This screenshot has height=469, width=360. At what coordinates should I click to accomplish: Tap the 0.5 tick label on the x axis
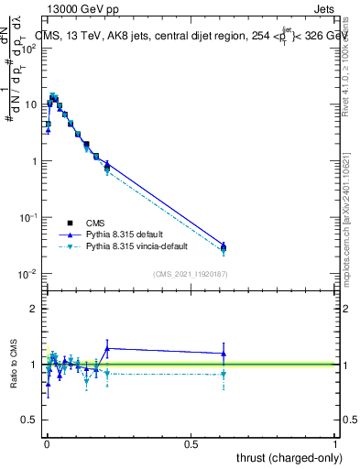coord(191,443)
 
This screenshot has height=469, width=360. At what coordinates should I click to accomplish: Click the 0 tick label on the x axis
coord(47,443)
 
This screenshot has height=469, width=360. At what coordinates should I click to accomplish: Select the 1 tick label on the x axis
coord(335,443)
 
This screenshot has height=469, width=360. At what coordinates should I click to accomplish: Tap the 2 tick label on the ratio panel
coord(35,309)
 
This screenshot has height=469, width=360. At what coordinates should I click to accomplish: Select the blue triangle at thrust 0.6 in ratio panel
coord(224,354)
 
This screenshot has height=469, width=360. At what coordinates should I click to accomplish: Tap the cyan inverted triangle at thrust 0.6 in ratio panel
coord(224,374)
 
